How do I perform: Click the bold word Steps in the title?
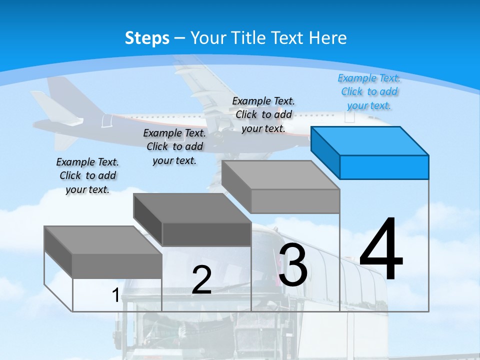point(147,38)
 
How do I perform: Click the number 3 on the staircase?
point(293,265)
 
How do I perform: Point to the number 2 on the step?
point(201,279)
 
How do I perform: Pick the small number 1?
point(115,295)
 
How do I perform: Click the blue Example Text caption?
point(369,91)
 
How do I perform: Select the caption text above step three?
point(263,114)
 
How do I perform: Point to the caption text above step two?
point(174,146)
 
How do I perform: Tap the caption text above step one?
point(87,175)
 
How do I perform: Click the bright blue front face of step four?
point(384,167)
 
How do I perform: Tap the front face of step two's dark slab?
point(206,234)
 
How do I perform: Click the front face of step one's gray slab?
point(117,265)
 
